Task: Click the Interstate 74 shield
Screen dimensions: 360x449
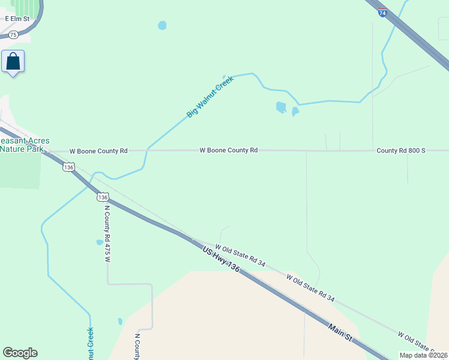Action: click(382, 12)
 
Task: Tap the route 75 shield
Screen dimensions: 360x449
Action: click(13, 35)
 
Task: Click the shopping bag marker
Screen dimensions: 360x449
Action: click(13, 61)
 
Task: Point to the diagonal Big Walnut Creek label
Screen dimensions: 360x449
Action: click(209, 96)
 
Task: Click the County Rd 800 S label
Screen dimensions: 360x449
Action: click(400, 150)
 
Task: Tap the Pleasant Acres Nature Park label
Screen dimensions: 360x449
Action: click(24, 145)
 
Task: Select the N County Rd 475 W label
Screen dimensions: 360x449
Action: click(108, 235)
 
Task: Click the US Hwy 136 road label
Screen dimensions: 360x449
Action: click(221, 260)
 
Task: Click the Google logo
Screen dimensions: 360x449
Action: click(20, 353)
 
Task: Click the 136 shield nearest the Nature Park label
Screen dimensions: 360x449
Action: click(69, 167)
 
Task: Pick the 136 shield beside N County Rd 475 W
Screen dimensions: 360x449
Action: click(103, 197)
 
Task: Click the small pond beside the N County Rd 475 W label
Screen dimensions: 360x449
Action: click(99, 243)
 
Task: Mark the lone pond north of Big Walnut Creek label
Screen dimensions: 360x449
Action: click(161, 25)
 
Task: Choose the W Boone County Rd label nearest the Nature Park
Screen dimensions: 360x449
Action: click(98, 151)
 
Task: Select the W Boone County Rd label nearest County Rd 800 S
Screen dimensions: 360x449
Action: click(229, 150)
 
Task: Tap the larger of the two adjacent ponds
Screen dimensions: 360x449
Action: click(280, 107)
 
